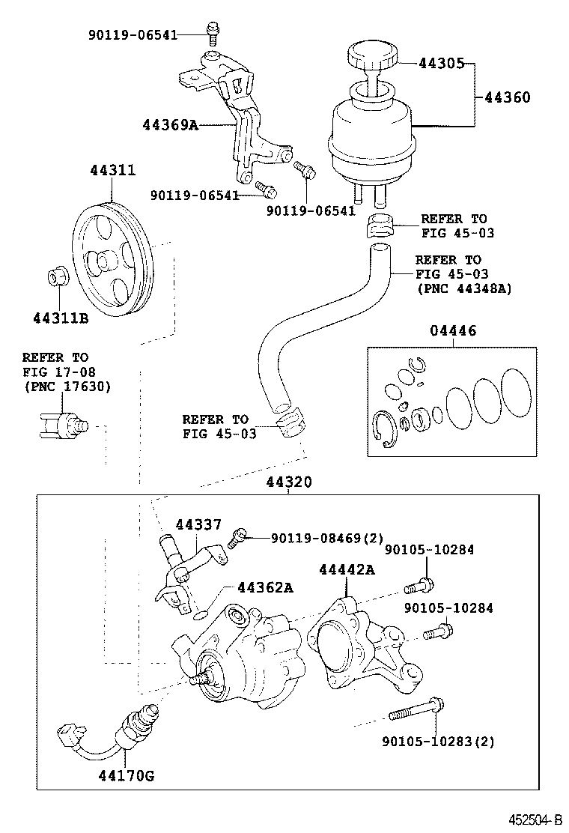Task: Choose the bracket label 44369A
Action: coord(170,124)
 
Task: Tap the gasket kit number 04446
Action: coord(452,331)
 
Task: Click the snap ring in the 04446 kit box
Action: coord(383,431)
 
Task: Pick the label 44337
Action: coord(198,524)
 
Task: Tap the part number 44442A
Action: coord(346,569)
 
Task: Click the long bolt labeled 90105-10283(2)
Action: coord(418,705)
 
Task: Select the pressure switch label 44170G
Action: coord(125,775)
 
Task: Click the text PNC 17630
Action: coord(67,387)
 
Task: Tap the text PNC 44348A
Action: coord(463,288)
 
